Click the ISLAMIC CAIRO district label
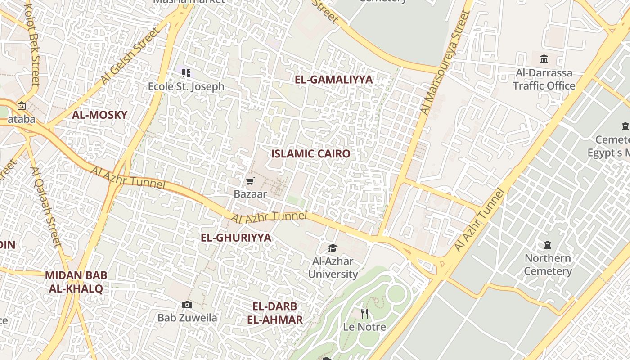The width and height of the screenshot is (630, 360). (310, 153)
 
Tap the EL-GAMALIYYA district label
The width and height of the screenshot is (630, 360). (334, 80)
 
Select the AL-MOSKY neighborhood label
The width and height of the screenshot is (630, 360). (99, 115)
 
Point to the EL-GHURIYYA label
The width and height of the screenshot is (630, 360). (236, 238)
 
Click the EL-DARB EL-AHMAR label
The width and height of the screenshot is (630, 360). (274, 313)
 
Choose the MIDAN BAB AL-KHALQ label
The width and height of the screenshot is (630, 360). (76, 282)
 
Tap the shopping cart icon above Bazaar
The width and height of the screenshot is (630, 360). (250, 181)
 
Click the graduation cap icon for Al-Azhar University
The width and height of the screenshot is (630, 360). (333, 248)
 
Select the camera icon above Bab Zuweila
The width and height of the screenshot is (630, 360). (187, 305)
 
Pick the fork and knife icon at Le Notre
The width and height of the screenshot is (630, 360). (364, 313)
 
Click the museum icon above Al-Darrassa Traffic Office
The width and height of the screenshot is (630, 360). (544, 59)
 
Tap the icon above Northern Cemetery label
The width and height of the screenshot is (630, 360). (548, 245)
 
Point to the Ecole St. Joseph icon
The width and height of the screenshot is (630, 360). (186, 73)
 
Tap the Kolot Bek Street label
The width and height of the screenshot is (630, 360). (34, 45)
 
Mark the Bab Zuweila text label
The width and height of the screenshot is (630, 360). (187, 318)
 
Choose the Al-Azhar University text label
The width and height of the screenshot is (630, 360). (333, 267)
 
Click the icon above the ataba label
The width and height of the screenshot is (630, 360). (21, 106)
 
